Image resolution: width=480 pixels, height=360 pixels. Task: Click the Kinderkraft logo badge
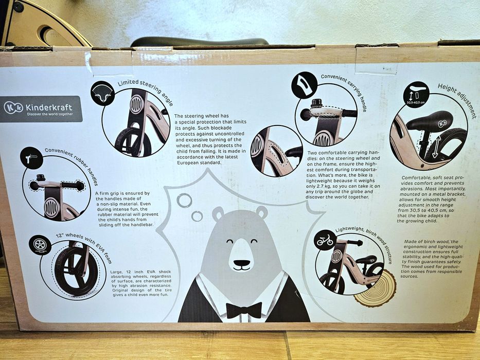coord(41,109)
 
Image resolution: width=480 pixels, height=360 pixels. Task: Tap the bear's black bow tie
coord(244,310)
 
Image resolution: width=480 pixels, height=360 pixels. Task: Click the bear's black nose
coord(242,263)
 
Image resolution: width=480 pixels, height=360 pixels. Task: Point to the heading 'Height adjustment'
coord(457,100)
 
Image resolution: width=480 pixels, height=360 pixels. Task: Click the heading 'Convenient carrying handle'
coord(344,91)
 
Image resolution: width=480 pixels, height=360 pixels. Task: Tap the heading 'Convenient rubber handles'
coord(72,165)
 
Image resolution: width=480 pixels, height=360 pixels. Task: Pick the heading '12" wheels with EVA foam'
coord(84,247)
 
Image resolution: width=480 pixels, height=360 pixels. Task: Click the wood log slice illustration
coord(376,289)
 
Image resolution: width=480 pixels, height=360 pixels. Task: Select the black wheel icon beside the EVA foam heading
coord(40,245)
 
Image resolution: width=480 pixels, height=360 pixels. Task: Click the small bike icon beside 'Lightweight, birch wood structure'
coord(325,240)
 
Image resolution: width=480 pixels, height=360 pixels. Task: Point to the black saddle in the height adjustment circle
coord(430,120)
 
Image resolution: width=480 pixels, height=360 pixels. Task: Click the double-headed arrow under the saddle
coord(436,147)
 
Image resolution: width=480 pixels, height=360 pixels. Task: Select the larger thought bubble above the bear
coord(184,201)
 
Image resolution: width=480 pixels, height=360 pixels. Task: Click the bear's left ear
coord(218,213)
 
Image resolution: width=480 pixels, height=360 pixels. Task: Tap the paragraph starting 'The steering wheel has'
coord(210,139)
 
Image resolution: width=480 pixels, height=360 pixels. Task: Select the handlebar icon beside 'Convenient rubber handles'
coord(31,158)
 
